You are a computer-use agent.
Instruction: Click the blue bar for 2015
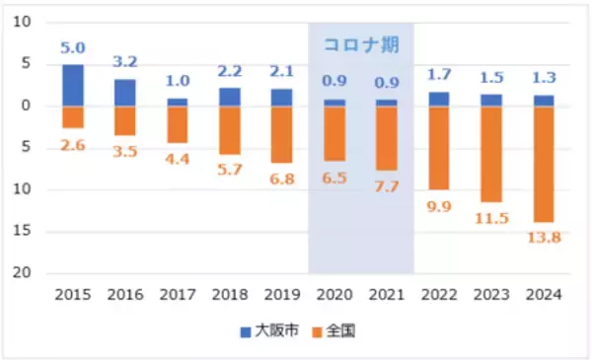73,85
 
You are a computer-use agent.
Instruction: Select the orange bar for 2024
543,164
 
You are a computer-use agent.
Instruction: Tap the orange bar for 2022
438,148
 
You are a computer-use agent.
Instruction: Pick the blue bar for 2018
229,97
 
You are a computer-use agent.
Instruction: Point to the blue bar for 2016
124,93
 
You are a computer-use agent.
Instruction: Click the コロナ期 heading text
361,45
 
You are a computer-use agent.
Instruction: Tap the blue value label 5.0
73,47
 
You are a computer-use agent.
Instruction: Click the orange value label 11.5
490,218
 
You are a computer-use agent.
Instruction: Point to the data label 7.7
387,185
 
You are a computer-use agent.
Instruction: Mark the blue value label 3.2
124,62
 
